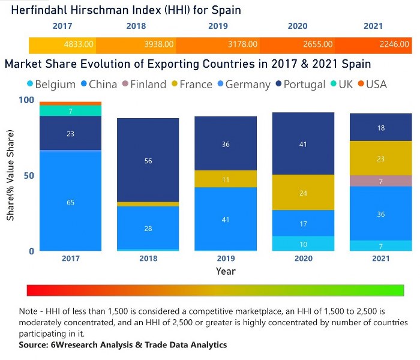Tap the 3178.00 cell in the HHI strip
tap(244, 44)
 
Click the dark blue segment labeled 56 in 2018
tap(148, 160)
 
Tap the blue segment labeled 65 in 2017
tap(71, 202)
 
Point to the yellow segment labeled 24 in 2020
tap(302, 193)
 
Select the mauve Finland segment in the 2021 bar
tap(380, 181)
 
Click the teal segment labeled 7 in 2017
tap(71, 111)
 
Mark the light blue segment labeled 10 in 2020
tap(302, 244)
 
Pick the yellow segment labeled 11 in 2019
tap(226, 179)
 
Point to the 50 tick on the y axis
tap(23, 176)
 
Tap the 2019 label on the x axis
tap(226, 259)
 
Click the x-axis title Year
tap(226, 271)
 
